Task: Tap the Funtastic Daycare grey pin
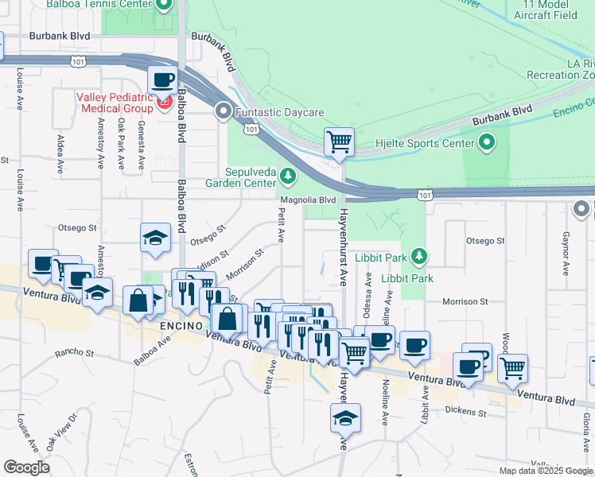(224, 112)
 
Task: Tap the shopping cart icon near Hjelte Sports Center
(339, 142)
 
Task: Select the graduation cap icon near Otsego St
(156, 237)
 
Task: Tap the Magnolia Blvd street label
(307, 200)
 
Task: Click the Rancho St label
(74, 352)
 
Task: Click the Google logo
(26, 467)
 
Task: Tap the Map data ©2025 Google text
(546, 471)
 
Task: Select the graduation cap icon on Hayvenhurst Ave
(345, 417)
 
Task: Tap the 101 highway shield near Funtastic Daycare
(251, 129)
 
